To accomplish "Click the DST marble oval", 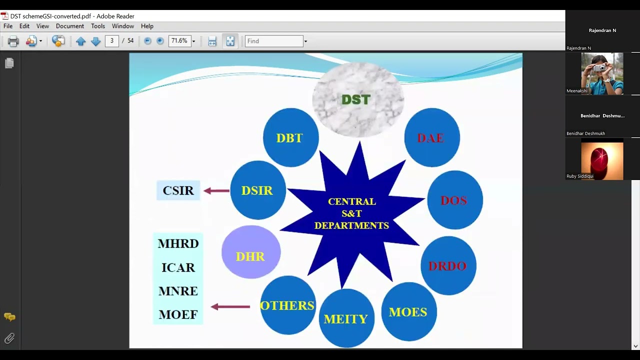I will tap(357, 99).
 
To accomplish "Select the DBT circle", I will tap(290, 137).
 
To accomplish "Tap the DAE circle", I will tap(431, 137).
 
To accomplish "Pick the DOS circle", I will tap(454, 200).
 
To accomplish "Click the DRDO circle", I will tap(448, 265).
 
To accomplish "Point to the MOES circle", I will tap(408, 311).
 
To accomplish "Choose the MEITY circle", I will tap(346, 318).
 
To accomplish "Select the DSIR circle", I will tap(257, 190).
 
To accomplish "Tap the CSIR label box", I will tap(178, 190).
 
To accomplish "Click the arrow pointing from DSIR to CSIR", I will tap(216, 190).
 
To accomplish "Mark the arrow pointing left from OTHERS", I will tap(230, 306).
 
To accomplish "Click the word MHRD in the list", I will tap(178, 243).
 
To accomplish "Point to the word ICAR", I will tap(178, 267).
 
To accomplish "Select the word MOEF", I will tap(178, 314).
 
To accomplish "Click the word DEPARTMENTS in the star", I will tap(351, 225).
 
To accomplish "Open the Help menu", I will tap(147, 26).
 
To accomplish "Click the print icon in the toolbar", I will tap(13, 41).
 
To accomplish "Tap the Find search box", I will tap(274, 41).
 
